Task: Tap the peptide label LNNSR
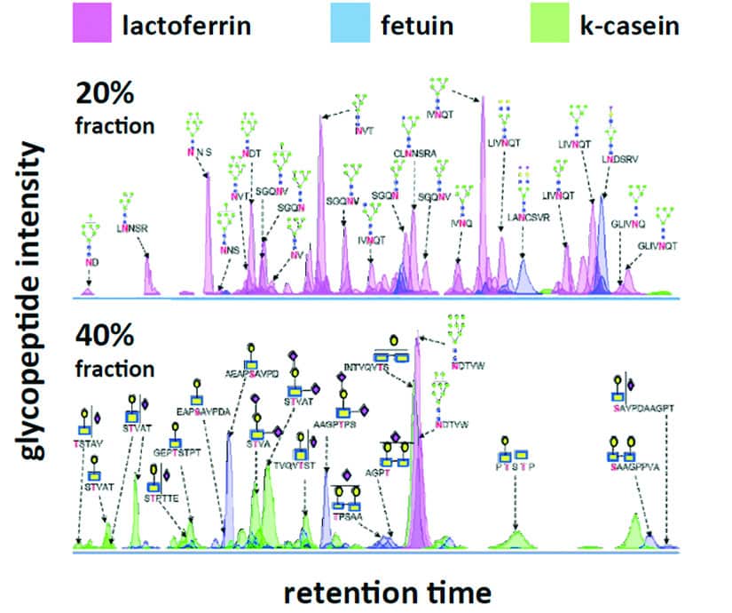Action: (132, 227)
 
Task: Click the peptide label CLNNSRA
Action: (413, 153)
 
